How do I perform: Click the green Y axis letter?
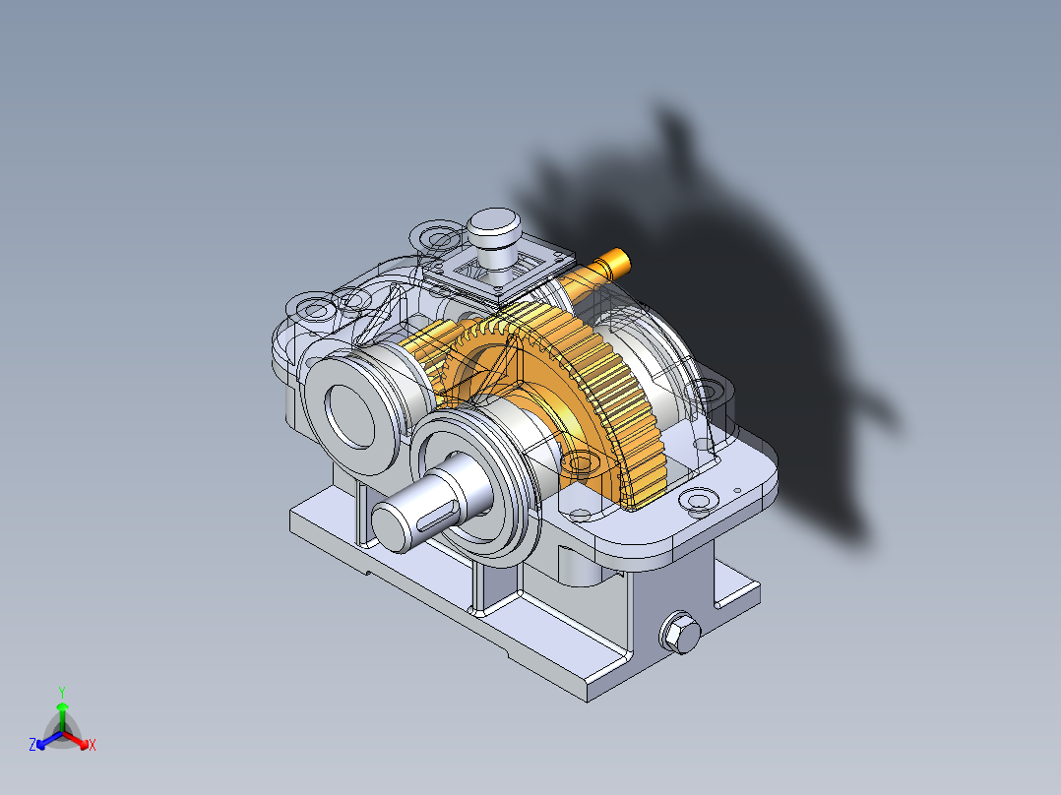[61, 692]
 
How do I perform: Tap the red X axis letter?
[93, 746]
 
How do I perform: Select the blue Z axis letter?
[32, 746]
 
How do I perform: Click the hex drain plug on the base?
[679, 632]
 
